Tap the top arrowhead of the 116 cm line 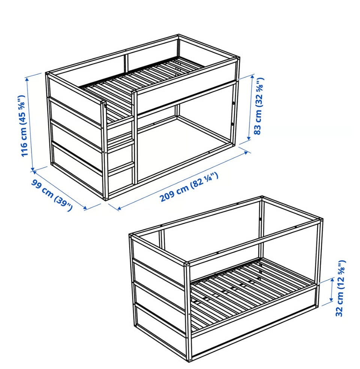click(27, 79)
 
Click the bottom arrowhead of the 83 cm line click(249, 138)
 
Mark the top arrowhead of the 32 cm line click(333, 280)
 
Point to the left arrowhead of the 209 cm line click(119, 208)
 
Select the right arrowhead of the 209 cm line click(246, 153)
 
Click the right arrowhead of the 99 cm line click(85, 208)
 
